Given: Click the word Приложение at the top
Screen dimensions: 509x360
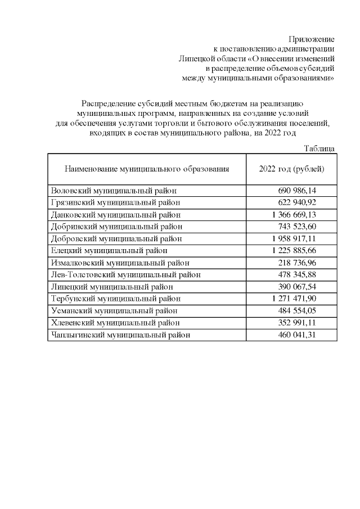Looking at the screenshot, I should [x=312, y=39].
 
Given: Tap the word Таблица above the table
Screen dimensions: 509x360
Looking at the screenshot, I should [x=319, y=148].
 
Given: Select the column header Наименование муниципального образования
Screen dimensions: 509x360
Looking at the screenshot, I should [x=147, y=169].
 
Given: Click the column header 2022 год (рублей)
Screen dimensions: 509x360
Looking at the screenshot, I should [x=291, y=169].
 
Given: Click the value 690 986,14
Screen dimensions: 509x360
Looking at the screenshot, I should [x=305, y=191].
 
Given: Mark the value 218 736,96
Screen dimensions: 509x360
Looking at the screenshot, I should [x=305, y=263].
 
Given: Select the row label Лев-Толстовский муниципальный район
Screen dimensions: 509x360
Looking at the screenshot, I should [x=125, y=274].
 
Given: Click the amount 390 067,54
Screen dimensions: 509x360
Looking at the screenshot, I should [x=305, y=286].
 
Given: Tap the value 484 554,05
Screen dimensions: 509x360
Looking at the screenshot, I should [x=305, y=310].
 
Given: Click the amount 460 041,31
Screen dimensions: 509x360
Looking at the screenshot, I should [x=305, y=335].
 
